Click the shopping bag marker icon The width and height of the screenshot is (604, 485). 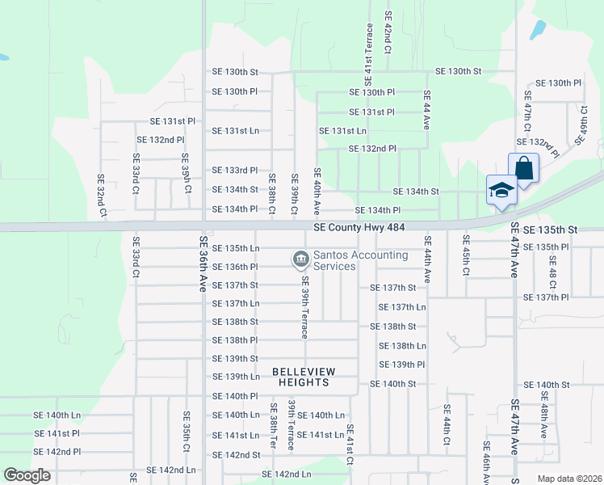(523, 170)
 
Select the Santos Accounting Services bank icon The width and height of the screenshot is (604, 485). (300, 259)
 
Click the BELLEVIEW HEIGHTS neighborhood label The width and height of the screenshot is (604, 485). (314, 377)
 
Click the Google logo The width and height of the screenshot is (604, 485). (27, 475)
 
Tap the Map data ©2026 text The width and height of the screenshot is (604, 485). (569, 479)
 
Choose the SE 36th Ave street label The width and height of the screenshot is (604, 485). (203, 264)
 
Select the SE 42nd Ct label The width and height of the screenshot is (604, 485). (388, 32)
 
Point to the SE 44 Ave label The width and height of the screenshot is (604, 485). (427, 110)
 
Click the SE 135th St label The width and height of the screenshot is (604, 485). (551, 230)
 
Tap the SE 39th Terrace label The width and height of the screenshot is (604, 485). (305, 307)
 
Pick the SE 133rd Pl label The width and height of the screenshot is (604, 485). (234, 171)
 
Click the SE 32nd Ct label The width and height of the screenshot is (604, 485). (102, 196)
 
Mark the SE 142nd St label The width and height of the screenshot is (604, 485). (236, 455)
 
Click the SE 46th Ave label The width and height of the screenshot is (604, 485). (486, 462)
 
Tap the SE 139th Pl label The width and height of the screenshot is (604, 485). (402, 365)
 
